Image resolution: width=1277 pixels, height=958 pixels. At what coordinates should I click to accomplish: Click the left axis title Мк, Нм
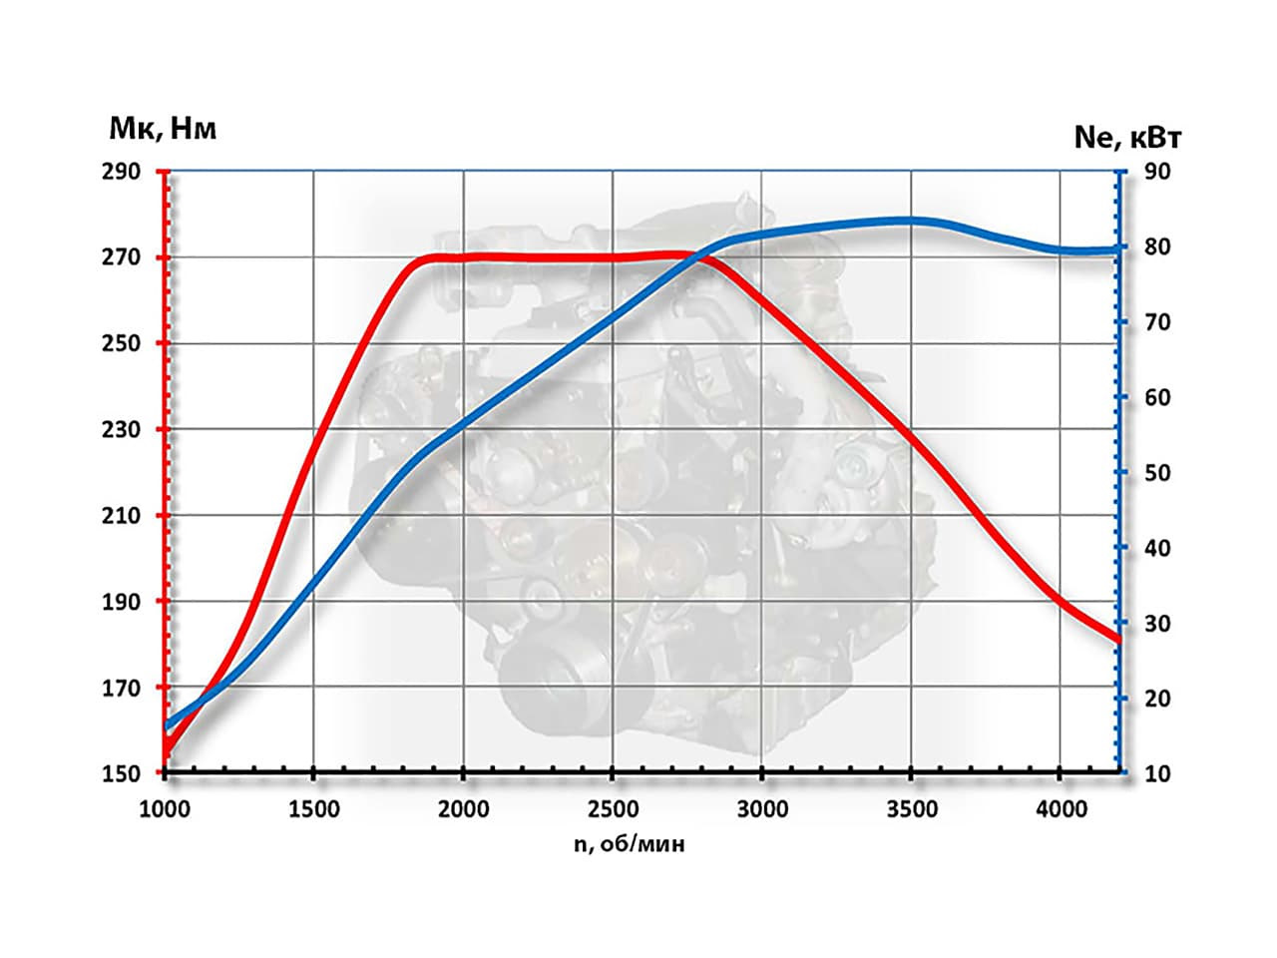pos(163,128)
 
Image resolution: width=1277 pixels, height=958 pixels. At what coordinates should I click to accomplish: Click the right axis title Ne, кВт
pos(1127,137)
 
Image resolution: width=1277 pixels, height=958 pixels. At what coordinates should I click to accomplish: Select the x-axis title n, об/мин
pos(630,844)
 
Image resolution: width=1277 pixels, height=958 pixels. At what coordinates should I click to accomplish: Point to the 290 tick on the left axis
pos(121,172)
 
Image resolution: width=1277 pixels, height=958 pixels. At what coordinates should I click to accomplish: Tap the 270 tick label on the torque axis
pos(121,257)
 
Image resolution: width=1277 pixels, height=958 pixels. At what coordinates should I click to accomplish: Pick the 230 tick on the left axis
pos(121,430)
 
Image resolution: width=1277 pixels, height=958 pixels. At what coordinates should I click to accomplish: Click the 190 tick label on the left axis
pos(121,602)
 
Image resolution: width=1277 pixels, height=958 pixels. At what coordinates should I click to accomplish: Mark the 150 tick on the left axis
pos(121,773)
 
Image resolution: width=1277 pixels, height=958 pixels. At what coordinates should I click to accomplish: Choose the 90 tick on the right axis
pos(1157,172)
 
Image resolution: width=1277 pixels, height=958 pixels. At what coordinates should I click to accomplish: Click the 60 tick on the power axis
pos(1157,397)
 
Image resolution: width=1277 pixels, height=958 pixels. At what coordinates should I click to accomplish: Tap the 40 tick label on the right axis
pos(1157,548)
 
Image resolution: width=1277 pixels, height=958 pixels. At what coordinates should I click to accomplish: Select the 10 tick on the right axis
pos(1157,773)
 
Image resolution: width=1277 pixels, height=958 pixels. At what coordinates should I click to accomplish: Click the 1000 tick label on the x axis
pos(164,808)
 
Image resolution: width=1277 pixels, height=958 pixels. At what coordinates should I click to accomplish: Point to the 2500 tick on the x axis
pos(613,808)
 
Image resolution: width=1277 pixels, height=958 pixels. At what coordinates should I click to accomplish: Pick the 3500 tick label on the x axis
pos(911,808)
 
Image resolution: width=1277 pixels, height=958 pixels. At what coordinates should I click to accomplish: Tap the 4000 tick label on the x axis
pos(1061,808)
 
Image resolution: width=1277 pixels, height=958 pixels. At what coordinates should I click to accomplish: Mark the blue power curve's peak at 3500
pos(911,221)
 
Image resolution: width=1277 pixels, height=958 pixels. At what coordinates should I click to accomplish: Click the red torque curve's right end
pos(1118,640)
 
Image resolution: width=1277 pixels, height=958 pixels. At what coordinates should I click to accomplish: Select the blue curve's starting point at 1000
pos(167,726)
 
